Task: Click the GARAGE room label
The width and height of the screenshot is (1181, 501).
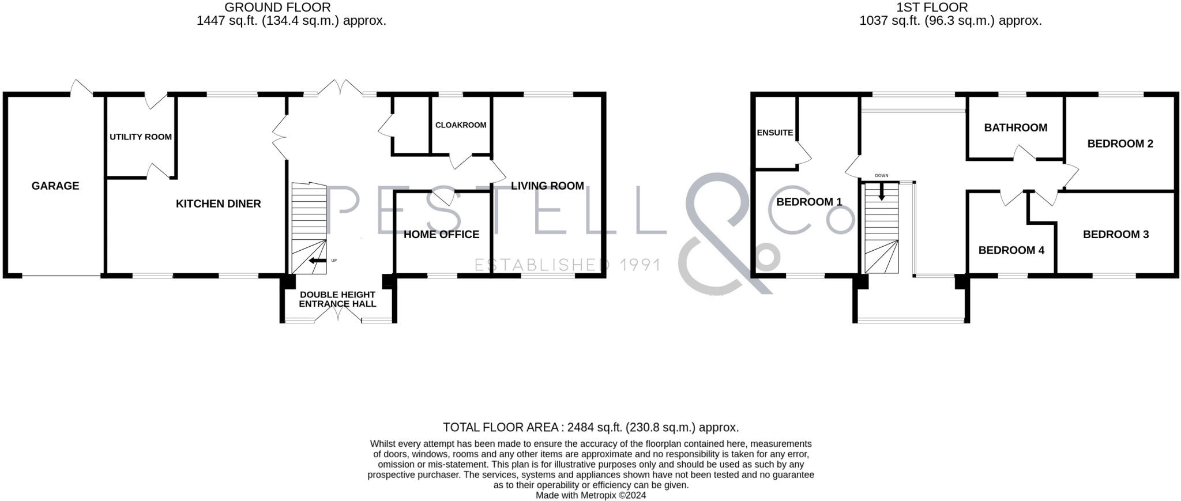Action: (55, 186)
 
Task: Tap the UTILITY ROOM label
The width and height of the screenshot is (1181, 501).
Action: (141, 137)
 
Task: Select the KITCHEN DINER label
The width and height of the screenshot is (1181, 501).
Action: (218, 204)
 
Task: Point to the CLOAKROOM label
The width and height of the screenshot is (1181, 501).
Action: (461, 125)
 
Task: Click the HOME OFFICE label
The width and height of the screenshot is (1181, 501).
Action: (441, 234)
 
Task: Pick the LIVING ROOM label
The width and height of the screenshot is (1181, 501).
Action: (547, 186)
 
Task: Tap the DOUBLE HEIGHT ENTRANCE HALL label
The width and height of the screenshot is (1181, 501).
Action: (337, 299)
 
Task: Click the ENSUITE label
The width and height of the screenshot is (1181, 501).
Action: (774, 133)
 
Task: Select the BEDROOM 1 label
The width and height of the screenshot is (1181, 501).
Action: (809, 202)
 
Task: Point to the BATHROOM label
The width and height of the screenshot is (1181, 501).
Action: (1015, 127)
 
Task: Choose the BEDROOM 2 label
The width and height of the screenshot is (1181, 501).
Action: (1120, 144)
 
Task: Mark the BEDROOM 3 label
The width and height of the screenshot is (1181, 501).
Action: (1116, 234)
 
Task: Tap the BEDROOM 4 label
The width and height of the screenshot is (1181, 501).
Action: (1011, 250)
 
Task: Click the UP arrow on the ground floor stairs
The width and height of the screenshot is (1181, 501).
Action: (317, 261)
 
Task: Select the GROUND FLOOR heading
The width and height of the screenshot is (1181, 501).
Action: (277, 7)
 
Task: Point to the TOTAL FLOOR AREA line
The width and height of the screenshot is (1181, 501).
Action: (590, 427)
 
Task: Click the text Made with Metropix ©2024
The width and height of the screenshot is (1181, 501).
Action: (590, 495)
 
